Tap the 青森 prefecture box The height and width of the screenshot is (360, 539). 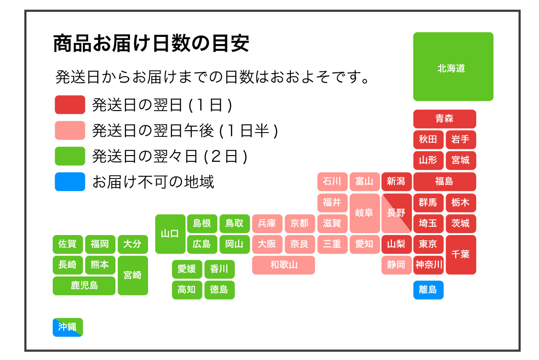pos(444,119)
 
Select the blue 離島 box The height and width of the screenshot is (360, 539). pos(428,290)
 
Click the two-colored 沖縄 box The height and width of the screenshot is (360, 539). pos(68,327)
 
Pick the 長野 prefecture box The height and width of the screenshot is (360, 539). pos(396,213)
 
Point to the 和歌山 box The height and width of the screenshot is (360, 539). pos(283,265)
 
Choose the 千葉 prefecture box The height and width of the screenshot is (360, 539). pos(460,254)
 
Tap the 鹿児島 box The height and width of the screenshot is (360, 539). pos(84,286)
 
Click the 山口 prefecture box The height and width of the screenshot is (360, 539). pos(170,234)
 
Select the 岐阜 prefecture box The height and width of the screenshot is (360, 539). pos(364,213)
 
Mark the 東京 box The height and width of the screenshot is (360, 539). pos(428,244)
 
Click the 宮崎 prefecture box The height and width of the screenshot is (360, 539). pos(133,275)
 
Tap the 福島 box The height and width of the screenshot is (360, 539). pos(444,181)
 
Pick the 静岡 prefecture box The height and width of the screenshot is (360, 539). pos(396,265)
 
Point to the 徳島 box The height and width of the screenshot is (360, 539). pos(219,290)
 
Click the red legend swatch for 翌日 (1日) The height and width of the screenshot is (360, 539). pos(70,105)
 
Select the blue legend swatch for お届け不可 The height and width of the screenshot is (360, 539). pos(70,181)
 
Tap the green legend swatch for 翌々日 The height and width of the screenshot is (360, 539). pos(70,156)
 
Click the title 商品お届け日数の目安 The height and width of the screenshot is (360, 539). pos(151,44)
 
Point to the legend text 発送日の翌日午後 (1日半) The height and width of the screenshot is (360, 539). pos(185,130)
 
